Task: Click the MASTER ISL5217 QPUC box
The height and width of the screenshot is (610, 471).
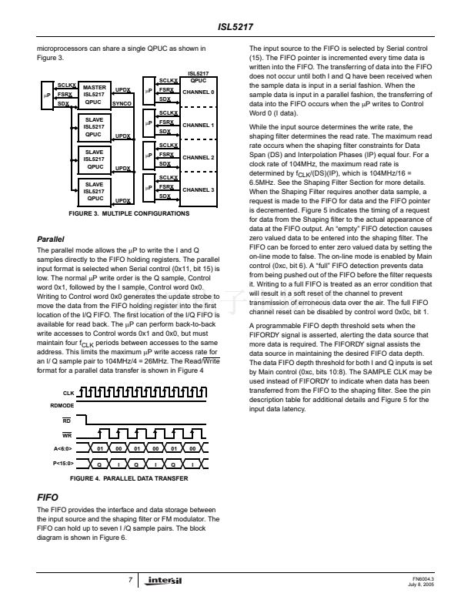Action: (x=94, y=95)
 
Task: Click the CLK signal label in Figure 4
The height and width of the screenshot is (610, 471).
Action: (x=69, y=393)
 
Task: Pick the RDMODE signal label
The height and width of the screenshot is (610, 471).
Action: (x=63, y=405)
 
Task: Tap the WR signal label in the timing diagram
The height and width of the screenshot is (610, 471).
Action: (x=68, y=434)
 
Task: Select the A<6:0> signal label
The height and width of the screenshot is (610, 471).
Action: (x=64, y=447)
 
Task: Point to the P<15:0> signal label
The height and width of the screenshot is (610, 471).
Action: (x=64, y=464)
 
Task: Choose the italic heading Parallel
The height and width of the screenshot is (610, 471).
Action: (x=50, y=240)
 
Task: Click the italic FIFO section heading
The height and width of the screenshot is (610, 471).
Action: (x=46, y=499)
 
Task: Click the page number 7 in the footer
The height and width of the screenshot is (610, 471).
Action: (x=132, y=578)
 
